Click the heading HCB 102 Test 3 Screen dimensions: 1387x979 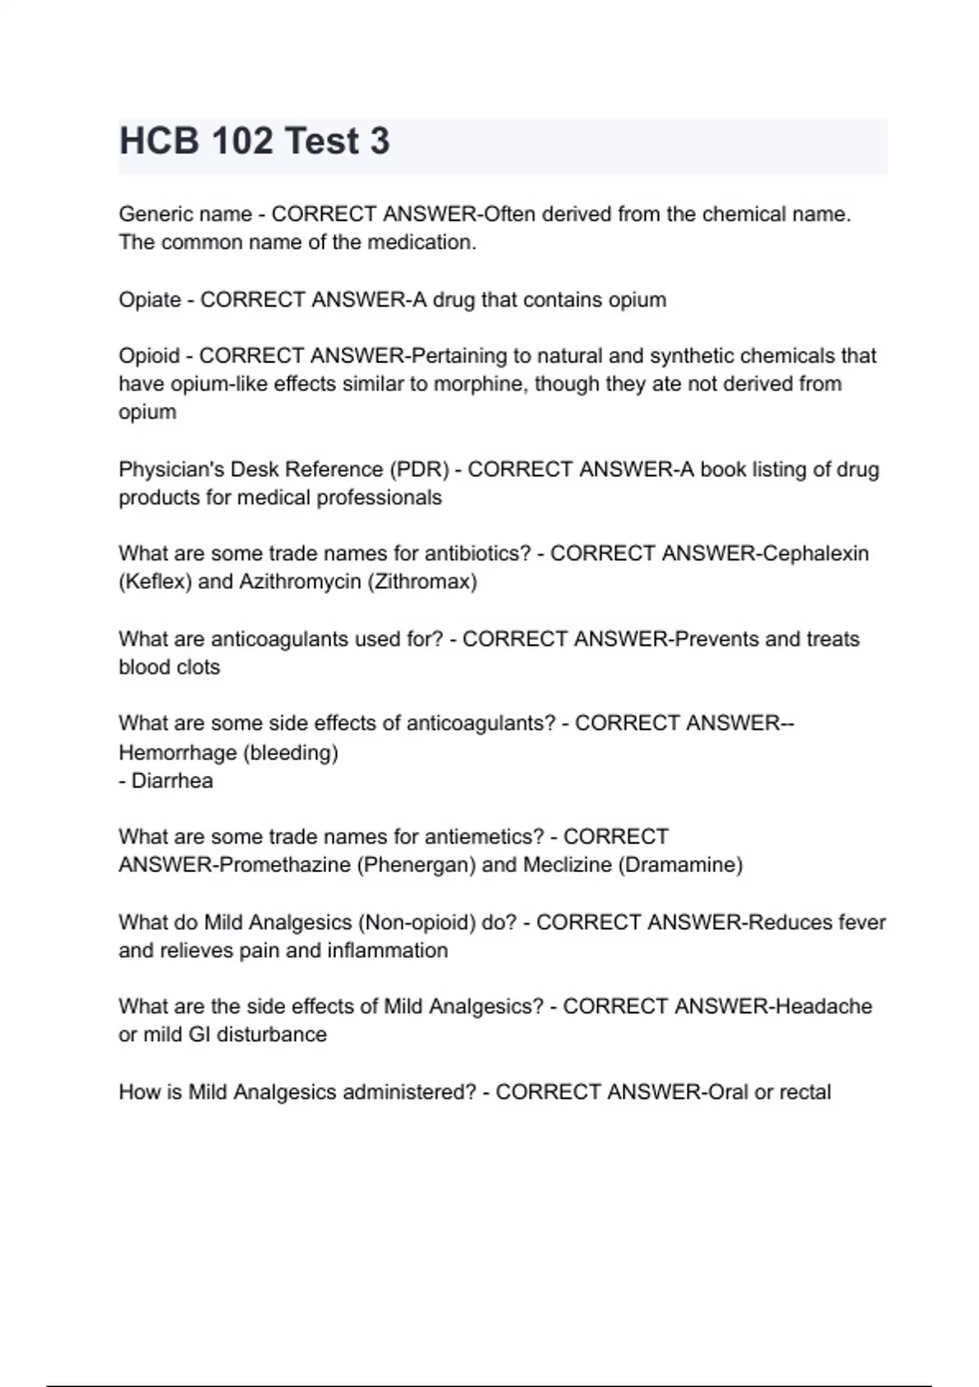255,141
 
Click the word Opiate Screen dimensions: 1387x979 149,300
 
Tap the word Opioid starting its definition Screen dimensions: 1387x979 148,357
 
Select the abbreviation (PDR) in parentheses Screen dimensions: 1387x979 419,470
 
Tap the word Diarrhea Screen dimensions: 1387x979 172,781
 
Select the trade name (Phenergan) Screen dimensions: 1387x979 416,865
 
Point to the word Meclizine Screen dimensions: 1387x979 567,865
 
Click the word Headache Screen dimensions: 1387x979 823,1007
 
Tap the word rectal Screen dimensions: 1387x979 805,1092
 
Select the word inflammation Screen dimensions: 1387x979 388,951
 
